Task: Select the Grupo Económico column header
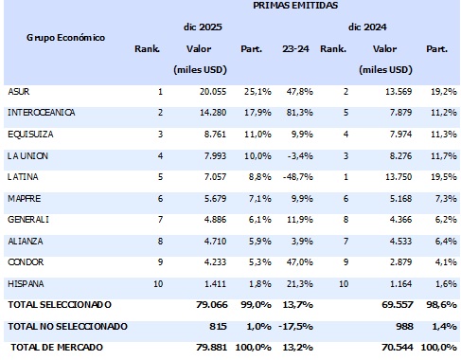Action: tap(65, 37)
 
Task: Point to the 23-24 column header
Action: tap(296, 47)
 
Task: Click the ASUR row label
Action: tap(18, 91)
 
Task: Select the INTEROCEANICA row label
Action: tap(41, 112)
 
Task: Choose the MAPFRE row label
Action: tap(24, 198)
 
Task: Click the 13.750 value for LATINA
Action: tap(397, 176)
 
